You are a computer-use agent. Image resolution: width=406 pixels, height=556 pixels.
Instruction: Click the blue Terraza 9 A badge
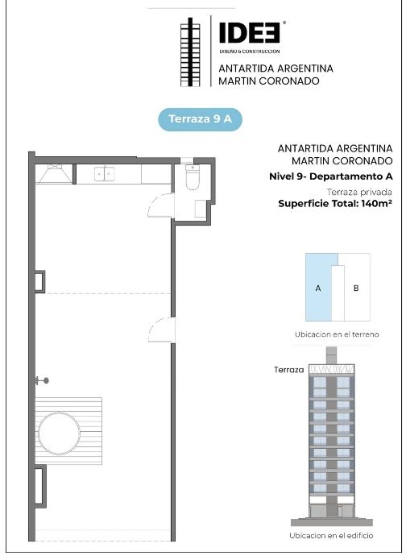pyautogui.click(x=200, y=119)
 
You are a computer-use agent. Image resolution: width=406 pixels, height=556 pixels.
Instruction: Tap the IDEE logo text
pyautogui.click(x=250, y=32)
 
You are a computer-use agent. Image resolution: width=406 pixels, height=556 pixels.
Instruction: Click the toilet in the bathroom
pyautogui.click(x=193, y=177)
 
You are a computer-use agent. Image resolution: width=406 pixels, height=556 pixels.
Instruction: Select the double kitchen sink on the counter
pyautogui.click(x=104, y=174)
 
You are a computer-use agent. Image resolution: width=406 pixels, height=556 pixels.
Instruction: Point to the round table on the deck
pyautogui.click(x=59, y=433)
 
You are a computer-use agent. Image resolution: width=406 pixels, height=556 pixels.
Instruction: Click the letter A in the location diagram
pyautogui.click(x=318, y=288)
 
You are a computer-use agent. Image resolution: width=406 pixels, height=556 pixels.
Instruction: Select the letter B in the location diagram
pyautogui.click(x=356, y=288)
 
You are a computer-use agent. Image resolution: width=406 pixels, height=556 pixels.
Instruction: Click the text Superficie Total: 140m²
pyautogui.click(x=335, y=204)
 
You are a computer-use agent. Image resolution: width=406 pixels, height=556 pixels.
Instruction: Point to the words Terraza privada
pyautogui.click(x=359, y=193)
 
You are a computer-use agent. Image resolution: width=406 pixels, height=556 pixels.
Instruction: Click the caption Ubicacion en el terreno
pyautogui.click(x=337, y=334)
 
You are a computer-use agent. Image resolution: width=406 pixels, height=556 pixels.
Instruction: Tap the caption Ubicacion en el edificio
pyautogui.click(x=331, y=535)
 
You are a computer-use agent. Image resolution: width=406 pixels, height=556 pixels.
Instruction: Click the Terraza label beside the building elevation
pyautogui.click(x=289, y=370)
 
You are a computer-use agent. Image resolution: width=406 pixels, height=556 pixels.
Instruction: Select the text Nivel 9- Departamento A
pyautogui.click(x=331, y=176)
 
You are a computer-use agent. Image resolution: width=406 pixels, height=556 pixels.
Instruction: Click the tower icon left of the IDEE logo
pyautogui.click(x=190, y=52)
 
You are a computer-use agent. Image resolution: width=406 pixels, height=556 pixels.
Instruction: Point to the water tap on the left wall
pyautogui.click(x=42, y=381)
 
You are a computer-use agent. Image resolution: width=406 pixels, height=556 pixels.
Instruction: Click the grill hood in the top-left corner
pyautogui.click(x=55, y=174)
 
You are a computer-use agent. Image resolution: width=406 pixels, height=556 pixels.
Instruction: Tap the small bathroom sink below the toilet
pyautogui.click(x=201, y=209)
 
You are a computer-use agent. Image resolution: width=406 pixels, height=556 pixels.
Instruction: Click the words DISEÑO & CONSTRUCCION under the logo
pyautogui.click(x=250, y=52)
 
